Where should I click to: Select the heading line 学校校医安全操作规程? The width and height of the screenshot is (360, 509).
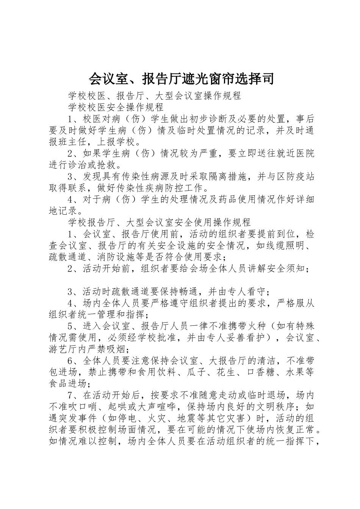[116, 107]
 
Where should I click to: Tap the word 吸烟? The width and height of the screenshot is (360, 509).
[120, 350]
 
